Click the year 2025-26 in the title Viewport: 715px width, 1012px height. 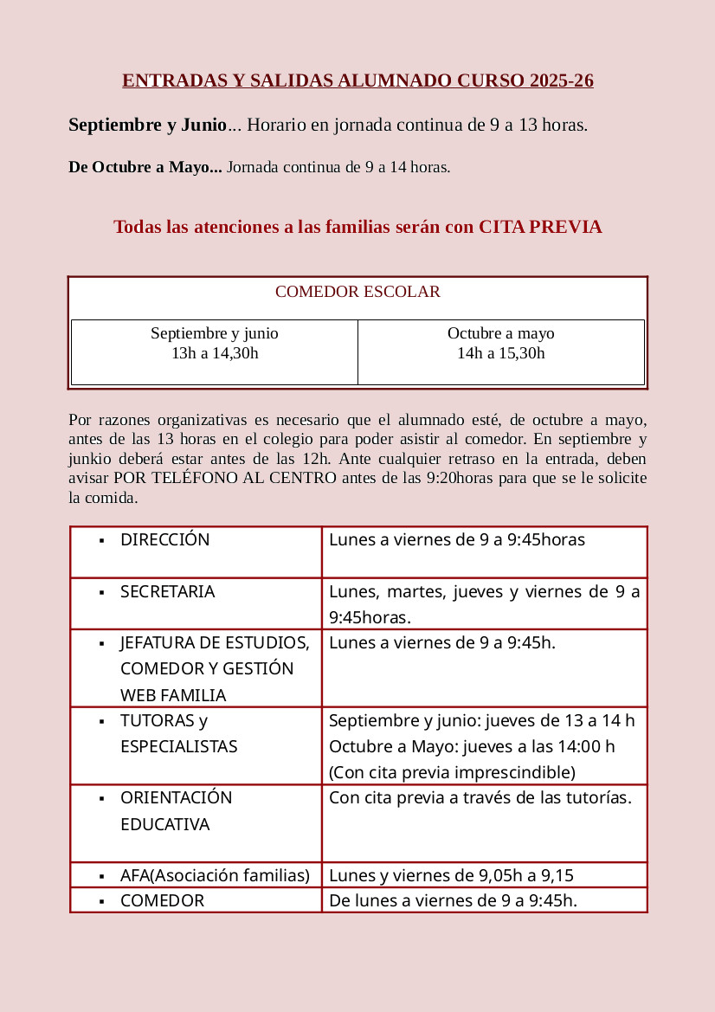tap(559, 81)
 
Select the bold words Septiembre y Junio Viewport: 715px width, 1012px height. tap(147, 125)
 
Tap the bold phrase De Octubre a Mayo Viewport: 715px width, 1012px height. tap(145, 167)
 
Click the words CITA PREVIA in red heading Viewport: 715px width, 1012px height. tap(540, 227)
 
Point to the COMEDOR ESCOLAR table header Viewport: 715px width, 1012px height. tap(357, 292)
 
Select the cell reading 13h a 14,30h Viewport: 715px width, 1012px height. tap(215, 353)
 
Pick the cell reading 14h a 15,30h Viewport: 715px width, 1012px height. tap(501, 353)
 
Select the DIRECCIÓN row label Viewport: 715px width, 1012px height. tap(165, 540)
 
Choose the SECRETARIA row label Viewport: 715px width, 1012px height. tap(168, 592)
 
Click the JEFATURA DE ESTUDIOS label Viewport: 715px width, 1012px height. tap(215, 643)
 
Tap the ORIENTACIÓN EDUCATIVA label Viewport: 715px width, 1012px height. tap(177, 811)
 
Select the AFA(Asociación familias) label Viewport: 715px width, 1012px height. tap(215, 875)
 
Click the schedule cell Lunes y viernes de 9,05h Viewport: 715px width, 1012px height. tap(451, 875)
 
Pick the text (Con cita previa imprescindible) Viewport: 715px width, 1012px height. tap(452, 772)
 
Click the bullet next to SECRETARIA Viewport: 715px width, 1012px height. tap(102, 593)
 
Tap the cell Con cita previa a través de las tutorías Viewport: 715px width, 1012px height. tap(480, 798)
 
